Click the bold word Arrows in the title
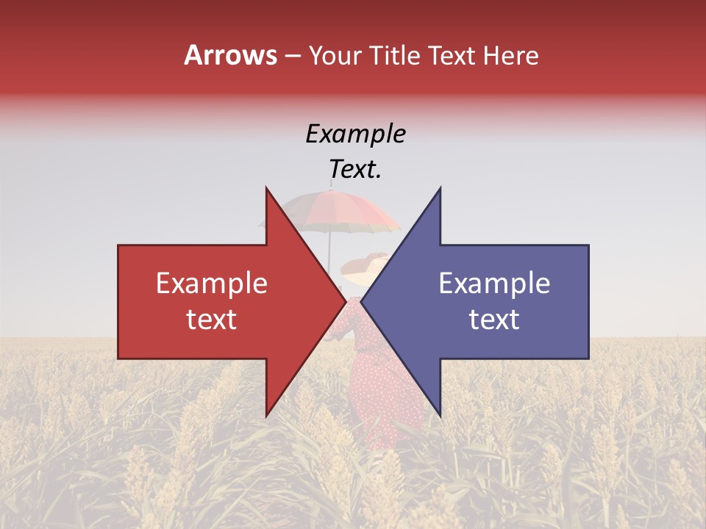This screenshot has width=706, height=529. pyautogui.click(x=231, y=55)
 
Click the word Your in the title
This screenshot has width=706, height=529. pyautogui.click(x=336, y=56)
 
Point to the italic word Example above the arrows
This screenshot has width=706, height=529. pyautogui.click(x=355, y=134)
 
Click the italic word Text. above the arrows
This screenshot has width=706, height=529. pyautogui.click(x=355, y=170)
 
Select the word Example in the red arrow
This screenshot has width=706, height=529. pyautogui.click(x=211, y=284)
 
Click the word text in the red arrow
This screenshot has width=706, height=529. pyautogui.click(x=211, y=320)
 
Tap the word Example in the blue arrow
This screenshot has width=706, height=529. pyautogui.click(x=494, y=284)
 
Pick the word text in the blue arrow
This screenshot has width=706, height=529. pyautogui.click(x=494, y=320)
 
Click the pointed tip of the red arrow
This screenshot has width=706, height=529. pyautogui.click(x=345, y=301)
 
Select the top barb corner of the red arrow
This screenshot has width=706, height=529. pyautogui.click(x=266, y=188)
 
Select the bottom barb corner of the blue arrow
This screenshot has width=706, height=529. pyautogui.click(x=440, y=415)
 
